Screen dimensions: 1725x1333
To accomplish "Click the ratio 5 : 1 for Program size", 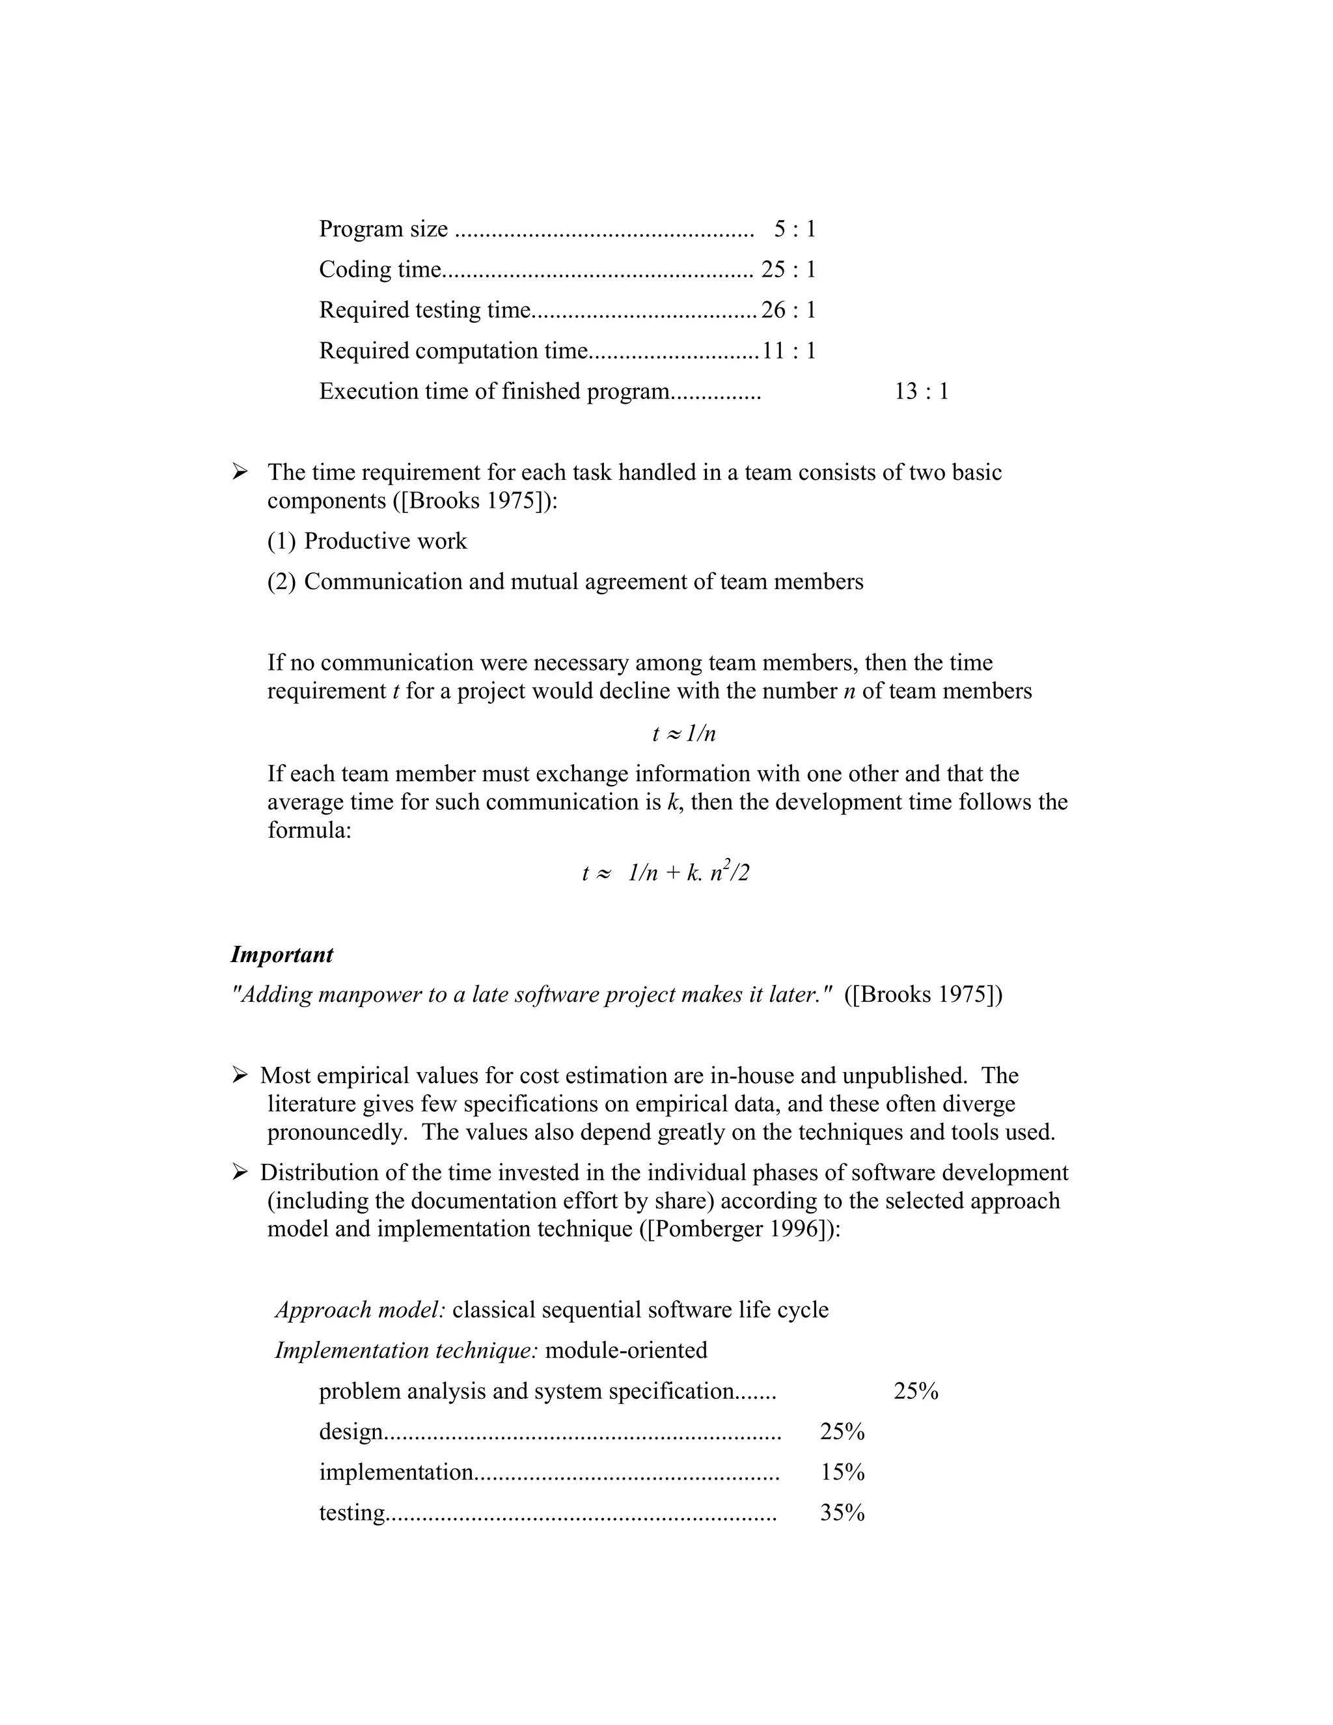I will tap(795, 229).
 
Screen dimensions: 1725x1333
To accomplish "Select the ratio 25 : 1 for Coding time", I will tap(788, 269).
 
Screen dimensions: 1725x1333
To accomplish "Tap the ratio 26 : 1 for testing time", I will tap(788, 310).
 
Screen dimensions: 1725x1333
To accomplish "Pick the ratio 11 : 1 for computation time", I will tap(788, 351).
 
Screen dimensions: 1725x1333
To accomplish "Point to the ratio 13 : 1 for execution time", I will tap(921, 391).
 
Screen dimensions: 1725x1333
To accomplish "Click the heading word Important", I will tap(281, 954).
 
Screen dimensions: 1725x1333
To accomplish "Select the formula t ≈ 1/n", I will tap(684, 734).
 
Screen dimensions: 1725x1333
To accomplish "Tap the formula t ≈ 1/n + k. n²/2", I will tap(666, 873).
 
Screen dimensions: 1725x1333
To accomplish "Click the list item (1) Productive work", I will tap(367, 541).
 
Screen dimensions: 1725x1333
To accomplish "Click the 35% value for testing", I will tap(842, 1513).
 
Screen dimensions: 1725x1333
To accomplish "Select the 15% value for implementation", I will tap(842, 1472).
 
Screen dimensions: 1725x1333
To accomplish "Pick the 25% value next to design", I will tap(842, 1431).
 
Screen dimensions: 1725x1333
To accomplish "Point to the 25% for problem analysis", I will tap(916, 1391).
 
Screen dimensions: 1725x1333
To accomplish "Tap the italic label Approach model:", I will tap(360, 1310).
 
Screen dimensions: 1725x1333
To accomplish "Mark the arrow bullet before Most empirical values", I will tap(240, 1075).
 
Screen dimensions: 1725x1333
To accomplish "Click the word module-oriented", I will tap(626, 1350).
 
